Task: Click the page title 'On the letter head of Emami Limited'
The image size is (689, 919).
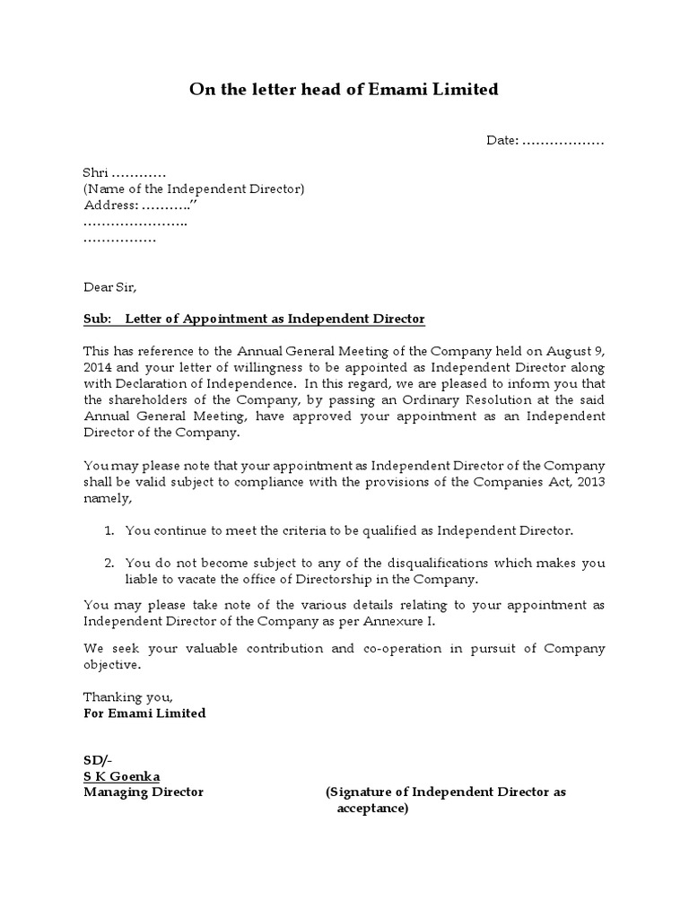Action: click(344, 90)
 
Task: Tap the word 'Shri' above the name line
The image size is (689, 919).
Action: click(95, 172)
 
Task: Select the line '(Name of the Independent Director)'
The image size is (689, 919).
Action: click(194, 188)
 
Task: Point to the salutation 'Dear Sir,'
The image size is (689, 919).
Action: click(111, 287)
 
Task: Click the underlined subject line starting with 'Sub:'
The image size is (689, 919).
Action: click(254, 319)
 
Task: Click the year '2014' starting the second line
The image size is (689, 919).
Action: click(98, 367)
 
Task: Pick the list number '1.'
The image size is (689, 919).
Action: click(109, 531)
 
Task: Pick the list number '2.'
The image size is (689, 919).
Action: click(109, 564)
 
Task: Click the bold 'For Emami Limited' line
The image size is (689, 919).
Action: click(144, 713)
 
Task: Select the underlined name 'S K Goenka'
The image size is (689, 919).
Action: click(122, 776)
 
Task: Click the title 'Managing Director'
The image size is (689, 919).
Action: click(144, 792)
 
